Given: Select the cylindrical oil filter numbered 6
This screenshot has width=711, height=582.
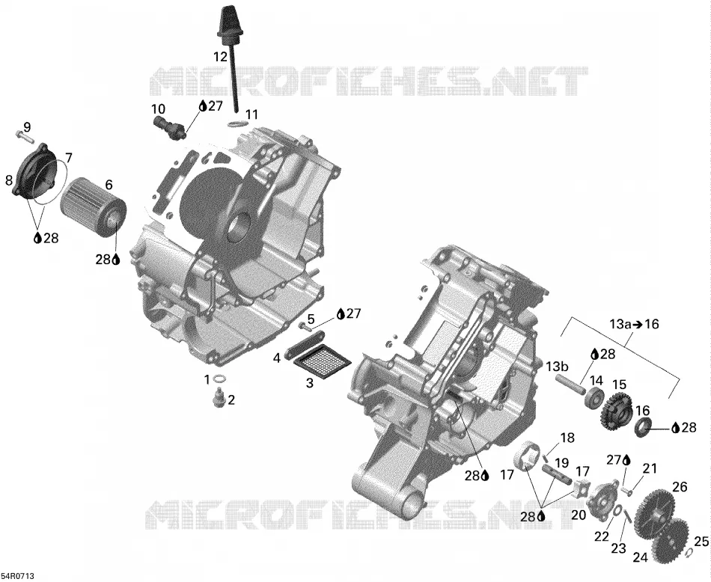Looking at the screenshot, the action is coord(94,209).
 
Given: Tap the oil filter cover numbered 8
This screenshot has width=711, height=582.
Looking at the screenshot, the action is coord(34,171).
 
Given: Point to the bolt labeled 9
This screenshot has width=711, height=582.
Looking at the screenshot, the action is coord(25,135).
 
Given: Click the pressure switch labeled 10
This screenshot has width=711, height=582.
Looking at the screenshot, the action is coord(170,127).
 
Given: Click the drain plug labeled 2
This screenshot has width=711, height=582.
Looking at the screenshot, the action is coord(220,399).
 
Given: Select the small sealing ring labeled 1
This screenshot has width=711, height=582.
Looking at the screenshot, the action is coord(219,379).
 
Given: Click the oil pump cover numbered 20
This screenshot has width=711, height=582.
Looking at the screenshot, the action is coord(602,499).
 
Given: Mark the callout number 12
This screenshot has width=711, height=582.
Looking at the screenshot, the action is coord(220,57).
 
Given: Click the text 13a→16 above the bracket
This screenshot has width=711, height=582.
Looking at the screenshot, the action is coord(633,324).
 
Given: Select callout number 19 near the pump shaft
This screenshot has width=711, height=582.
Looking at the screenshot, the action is coord(561,463).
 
